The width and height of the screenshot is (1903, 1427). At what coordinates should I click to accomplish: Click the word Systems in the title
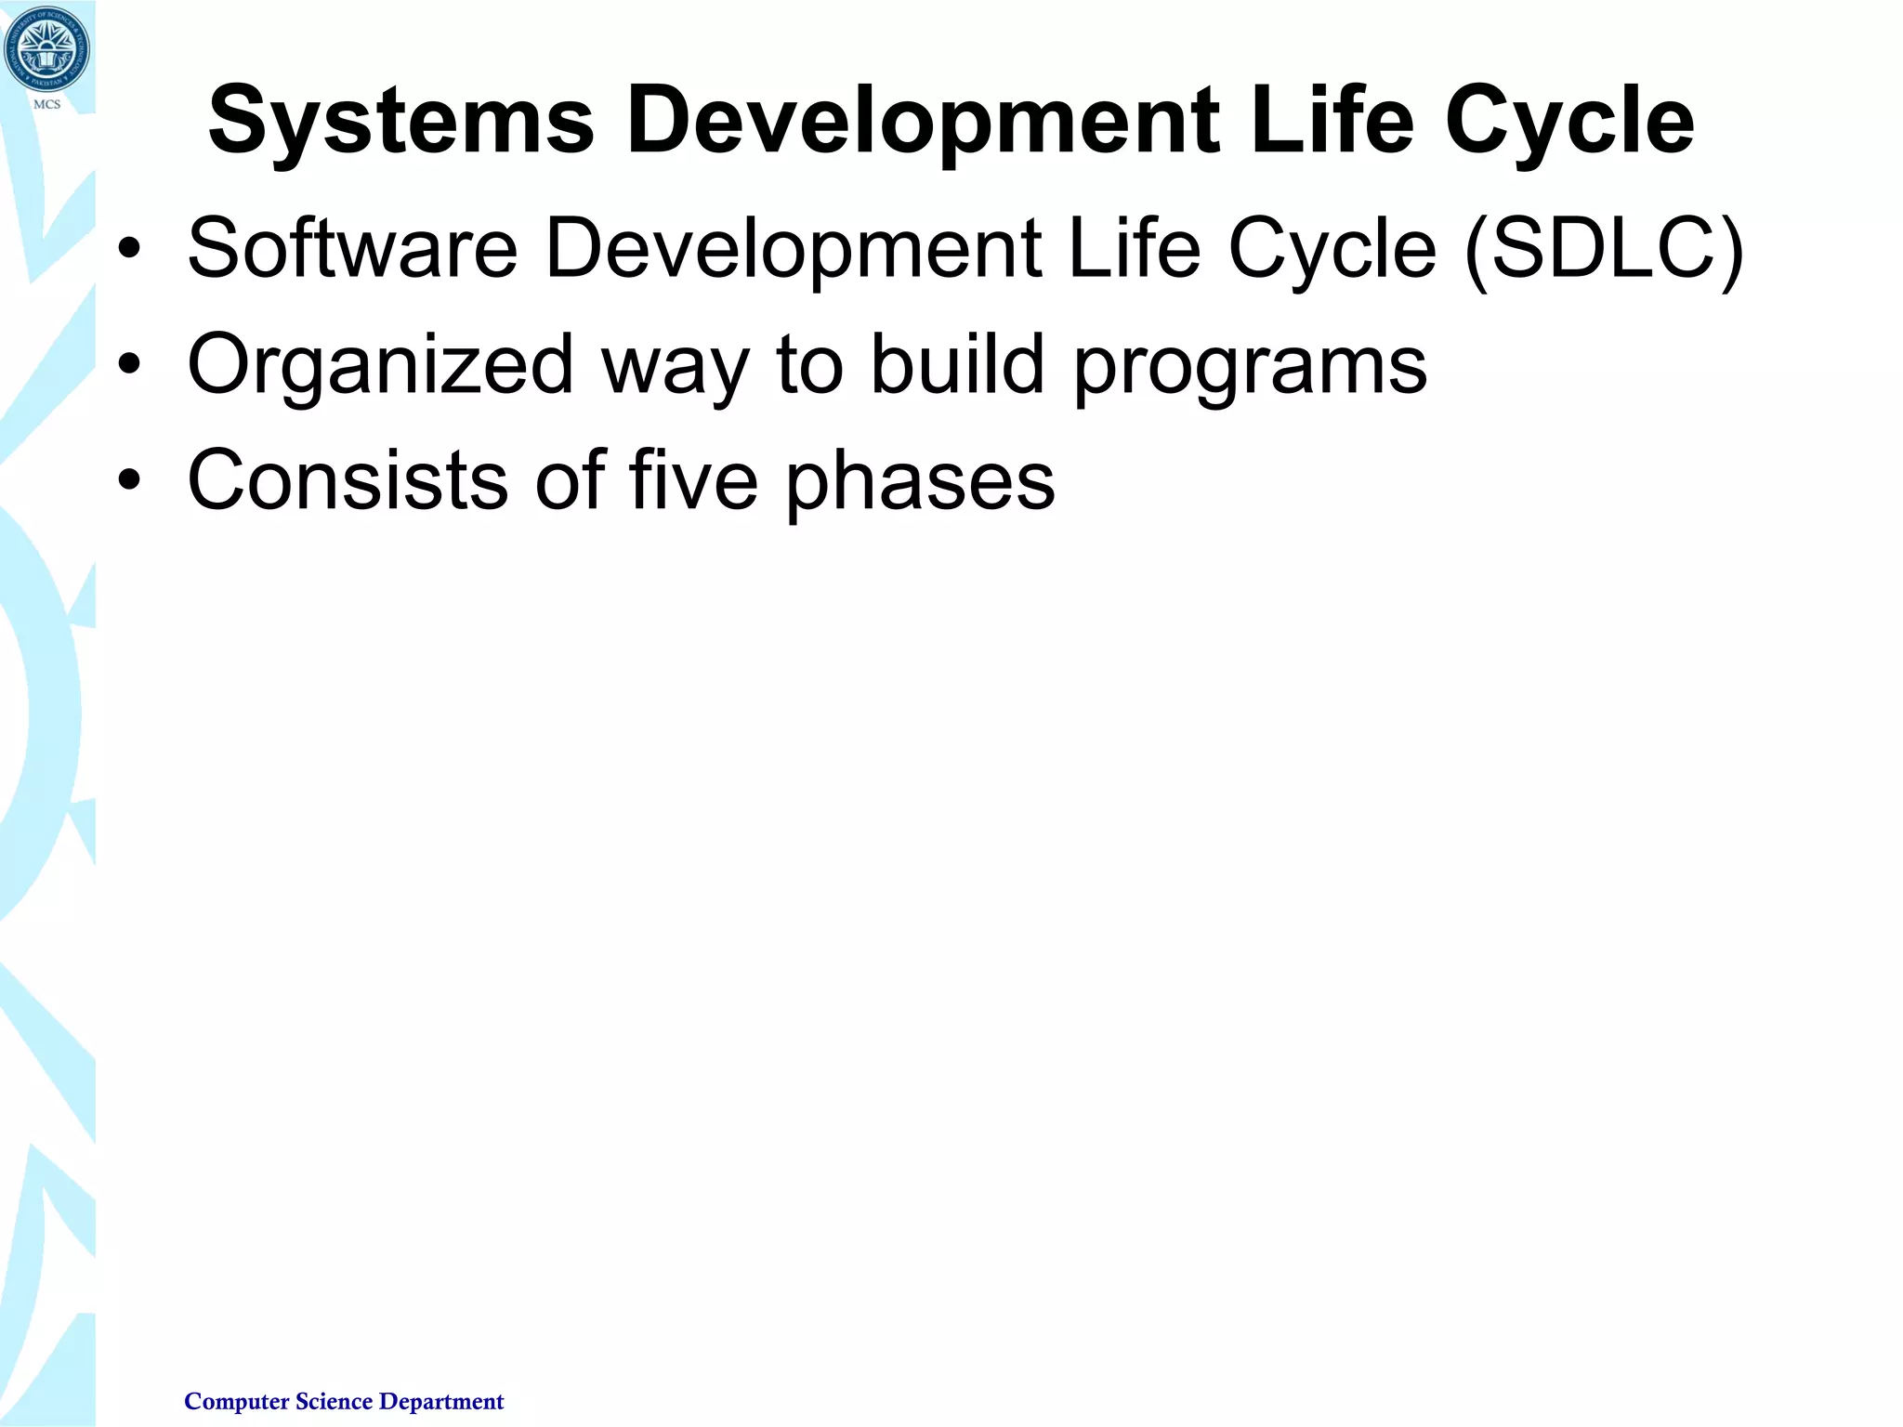400,122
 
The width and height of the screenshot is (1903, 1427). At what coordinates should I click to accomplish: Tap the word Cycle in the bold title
1569,122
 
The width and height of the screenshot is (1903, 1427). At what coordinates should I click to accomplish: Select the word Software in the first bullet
352,248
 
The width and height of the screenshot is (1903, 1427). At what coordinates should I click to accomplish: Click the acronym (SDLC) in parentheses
1604,248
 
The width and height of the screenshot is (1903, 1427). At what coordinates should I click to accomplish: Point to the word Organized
380,365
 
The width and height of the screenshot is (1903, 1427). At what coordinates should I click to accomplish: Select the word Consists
348,480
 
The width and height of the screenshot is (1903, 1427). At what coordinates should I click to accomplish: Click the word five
693,480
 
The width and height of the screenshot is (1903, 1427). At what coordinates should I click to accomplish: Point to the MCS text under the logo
46,104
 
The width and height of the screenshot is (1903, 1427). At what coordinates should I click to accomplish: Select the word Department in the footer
441,1401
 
